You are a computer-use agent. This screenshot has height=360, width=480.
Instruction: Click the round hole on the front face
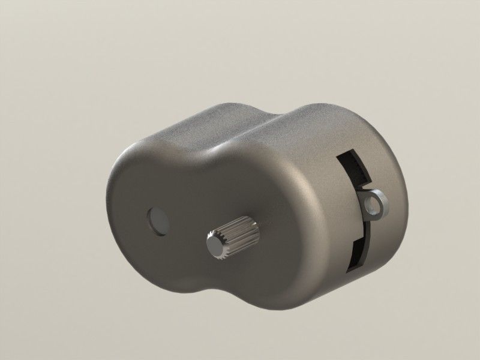157,220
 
